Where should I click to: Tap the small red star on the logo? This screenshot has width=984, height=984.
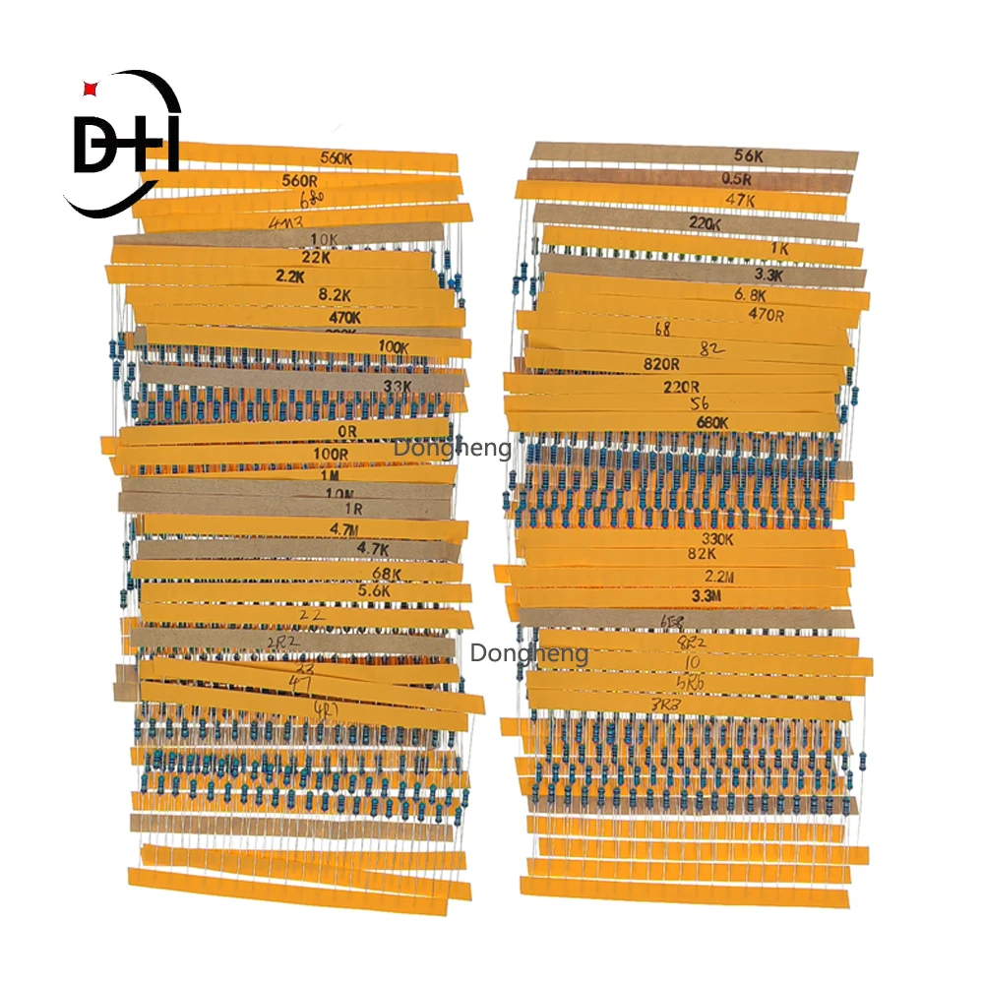click(91, 90)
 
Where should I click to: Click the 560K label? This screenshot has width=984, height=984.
click(339, 157)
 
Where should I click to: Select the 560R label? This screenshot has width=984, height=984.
click(299, 180)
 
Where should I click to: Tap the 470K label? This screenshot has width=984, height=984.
click(344, 318)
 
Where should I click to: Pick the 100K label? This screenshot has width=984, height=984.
click(394, 346)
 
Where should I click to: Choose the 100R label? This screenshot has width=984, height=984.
click(331, 454)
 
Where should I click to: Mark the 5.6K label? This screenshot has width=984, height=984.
click(373, 591)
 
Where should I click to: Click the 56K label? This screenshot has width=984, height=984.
click(749, 154)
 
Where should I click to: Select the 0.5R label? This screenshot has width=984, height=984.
click(736, 179)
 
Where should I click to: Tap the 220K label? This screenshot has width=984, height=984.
click(705, 223)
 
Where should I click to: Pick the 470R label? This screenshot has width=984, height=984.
click(766, 315)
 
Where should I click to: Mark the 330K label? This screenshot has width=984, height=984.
click(717, 539)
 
